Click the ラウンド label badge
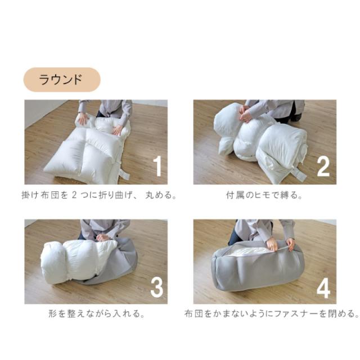click(62, 80)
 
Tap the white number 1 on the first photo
click(157, 166)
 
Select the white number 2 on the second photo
click(323, 166)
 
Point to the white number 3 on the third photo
click(157, 287)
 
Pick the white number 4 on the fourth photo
click(323, 288)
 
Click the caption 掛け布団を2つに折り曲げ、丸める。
click(99, 195)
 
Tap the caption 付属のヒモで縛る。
click(264, 195)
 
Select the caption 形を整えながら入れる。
click(97, 313)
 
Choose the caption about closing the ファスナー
click(272, 313)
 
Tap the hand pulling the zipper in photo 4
click(273, 245)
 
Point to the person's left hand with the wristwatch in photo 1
click(82, 118)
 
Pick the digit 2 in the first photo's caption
click(74, 195)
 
